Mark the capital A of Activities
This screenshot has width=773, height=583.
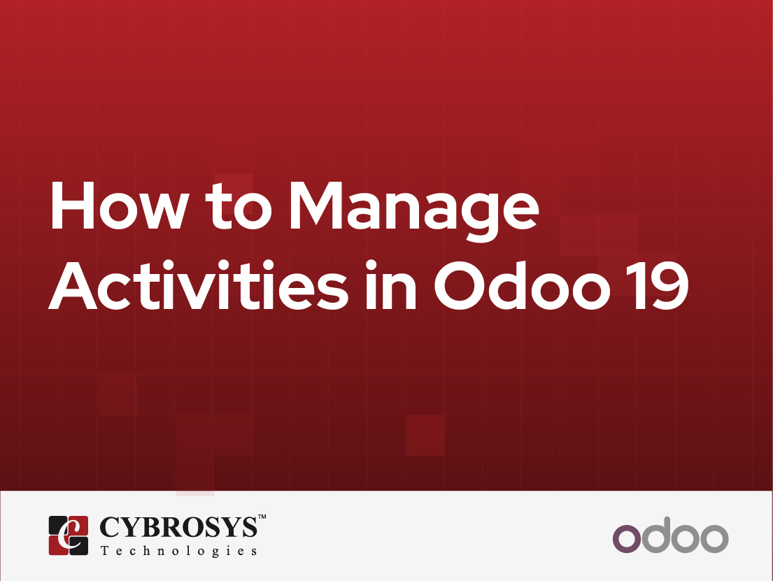[x=75, y=287]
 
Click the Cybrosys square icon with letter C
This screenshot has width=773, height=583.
[x=69, y=535]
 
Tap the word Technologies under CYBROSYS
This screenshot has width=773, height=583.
[x=179, y=552]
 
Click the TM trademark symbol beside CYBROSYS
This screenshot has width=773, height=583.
[x=262, y=517]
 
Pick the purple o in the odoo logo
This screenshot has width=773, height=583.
[x=626, y=539]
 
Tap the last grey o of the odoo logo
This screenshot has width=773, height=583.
[x=714, y=539]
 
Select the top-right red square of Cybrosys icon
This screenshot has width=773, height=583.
[x=78, y=525]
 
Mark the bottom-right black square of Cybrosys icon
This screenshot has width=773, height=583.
[x=78, y=545]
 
